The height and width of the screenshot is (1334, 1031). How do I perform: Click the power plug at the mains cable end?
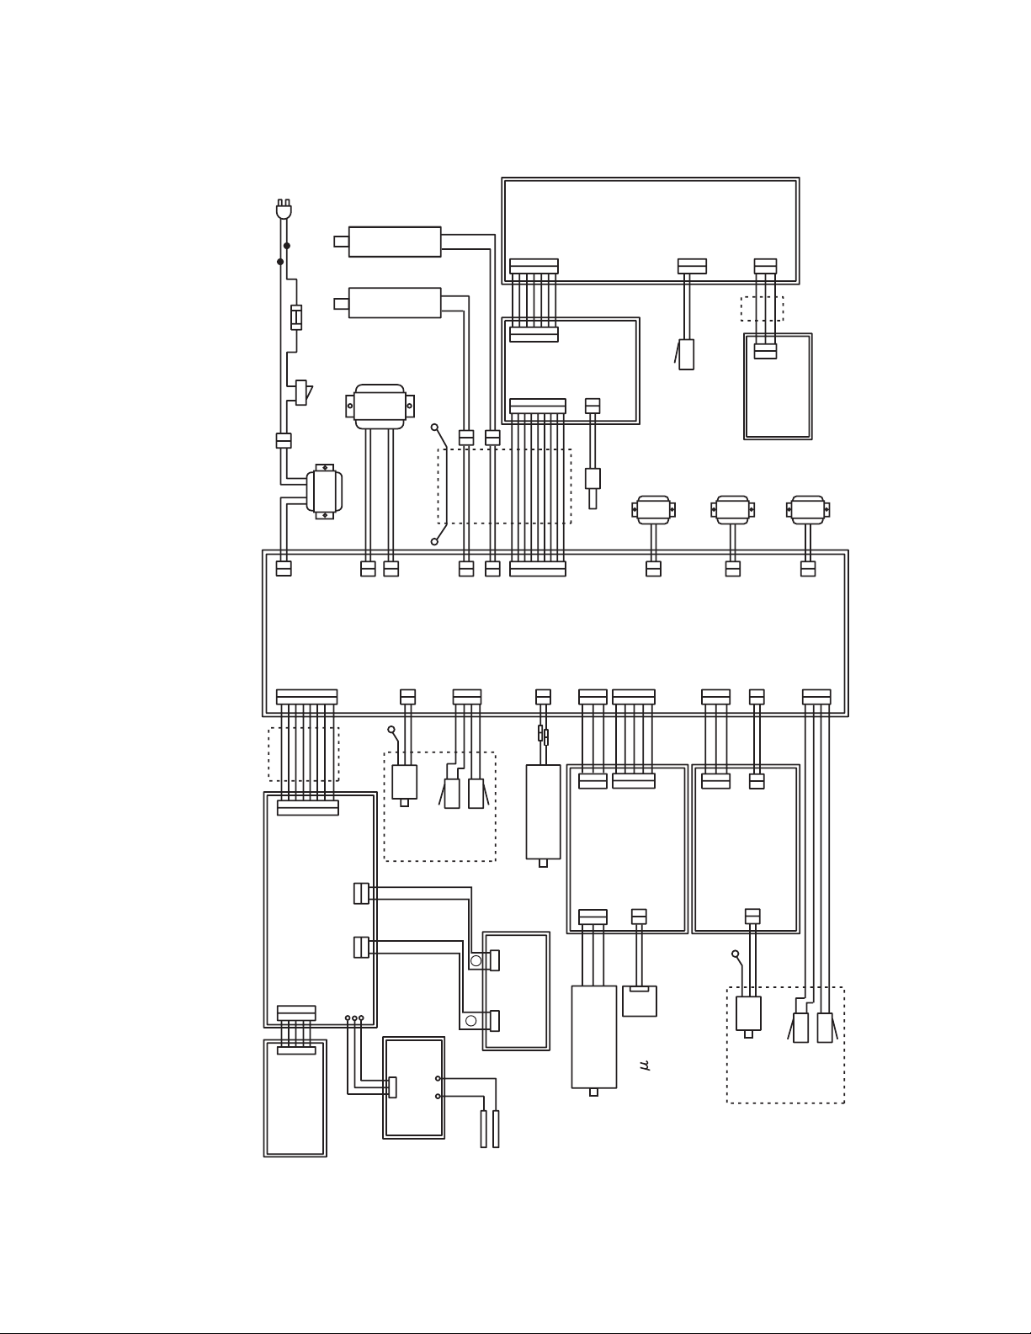tap(284, 210)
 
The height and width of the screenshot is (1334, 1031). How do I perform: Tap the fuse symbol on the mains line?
tap(296, 317)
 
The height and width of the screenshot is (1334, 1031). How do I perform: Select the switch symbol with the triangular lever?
tap(303, 392)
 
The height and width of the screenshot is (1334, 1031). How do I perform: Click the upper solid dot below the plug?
tap(287, 246)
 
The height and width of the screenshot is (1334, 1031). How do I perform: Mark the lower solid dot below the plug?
tap(280, 262)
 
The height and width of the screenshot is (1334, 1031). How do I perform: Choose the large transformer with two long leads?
tap(380, 407)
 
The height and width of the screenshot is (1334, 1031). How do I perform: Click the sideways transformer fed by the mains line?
tap(324, 492)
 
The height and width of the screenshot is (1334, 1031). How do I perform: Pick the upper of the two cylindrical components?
tap(388, 242)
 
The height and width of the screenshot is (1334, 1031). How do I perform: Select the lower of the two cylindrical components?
tap(388, 303)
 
